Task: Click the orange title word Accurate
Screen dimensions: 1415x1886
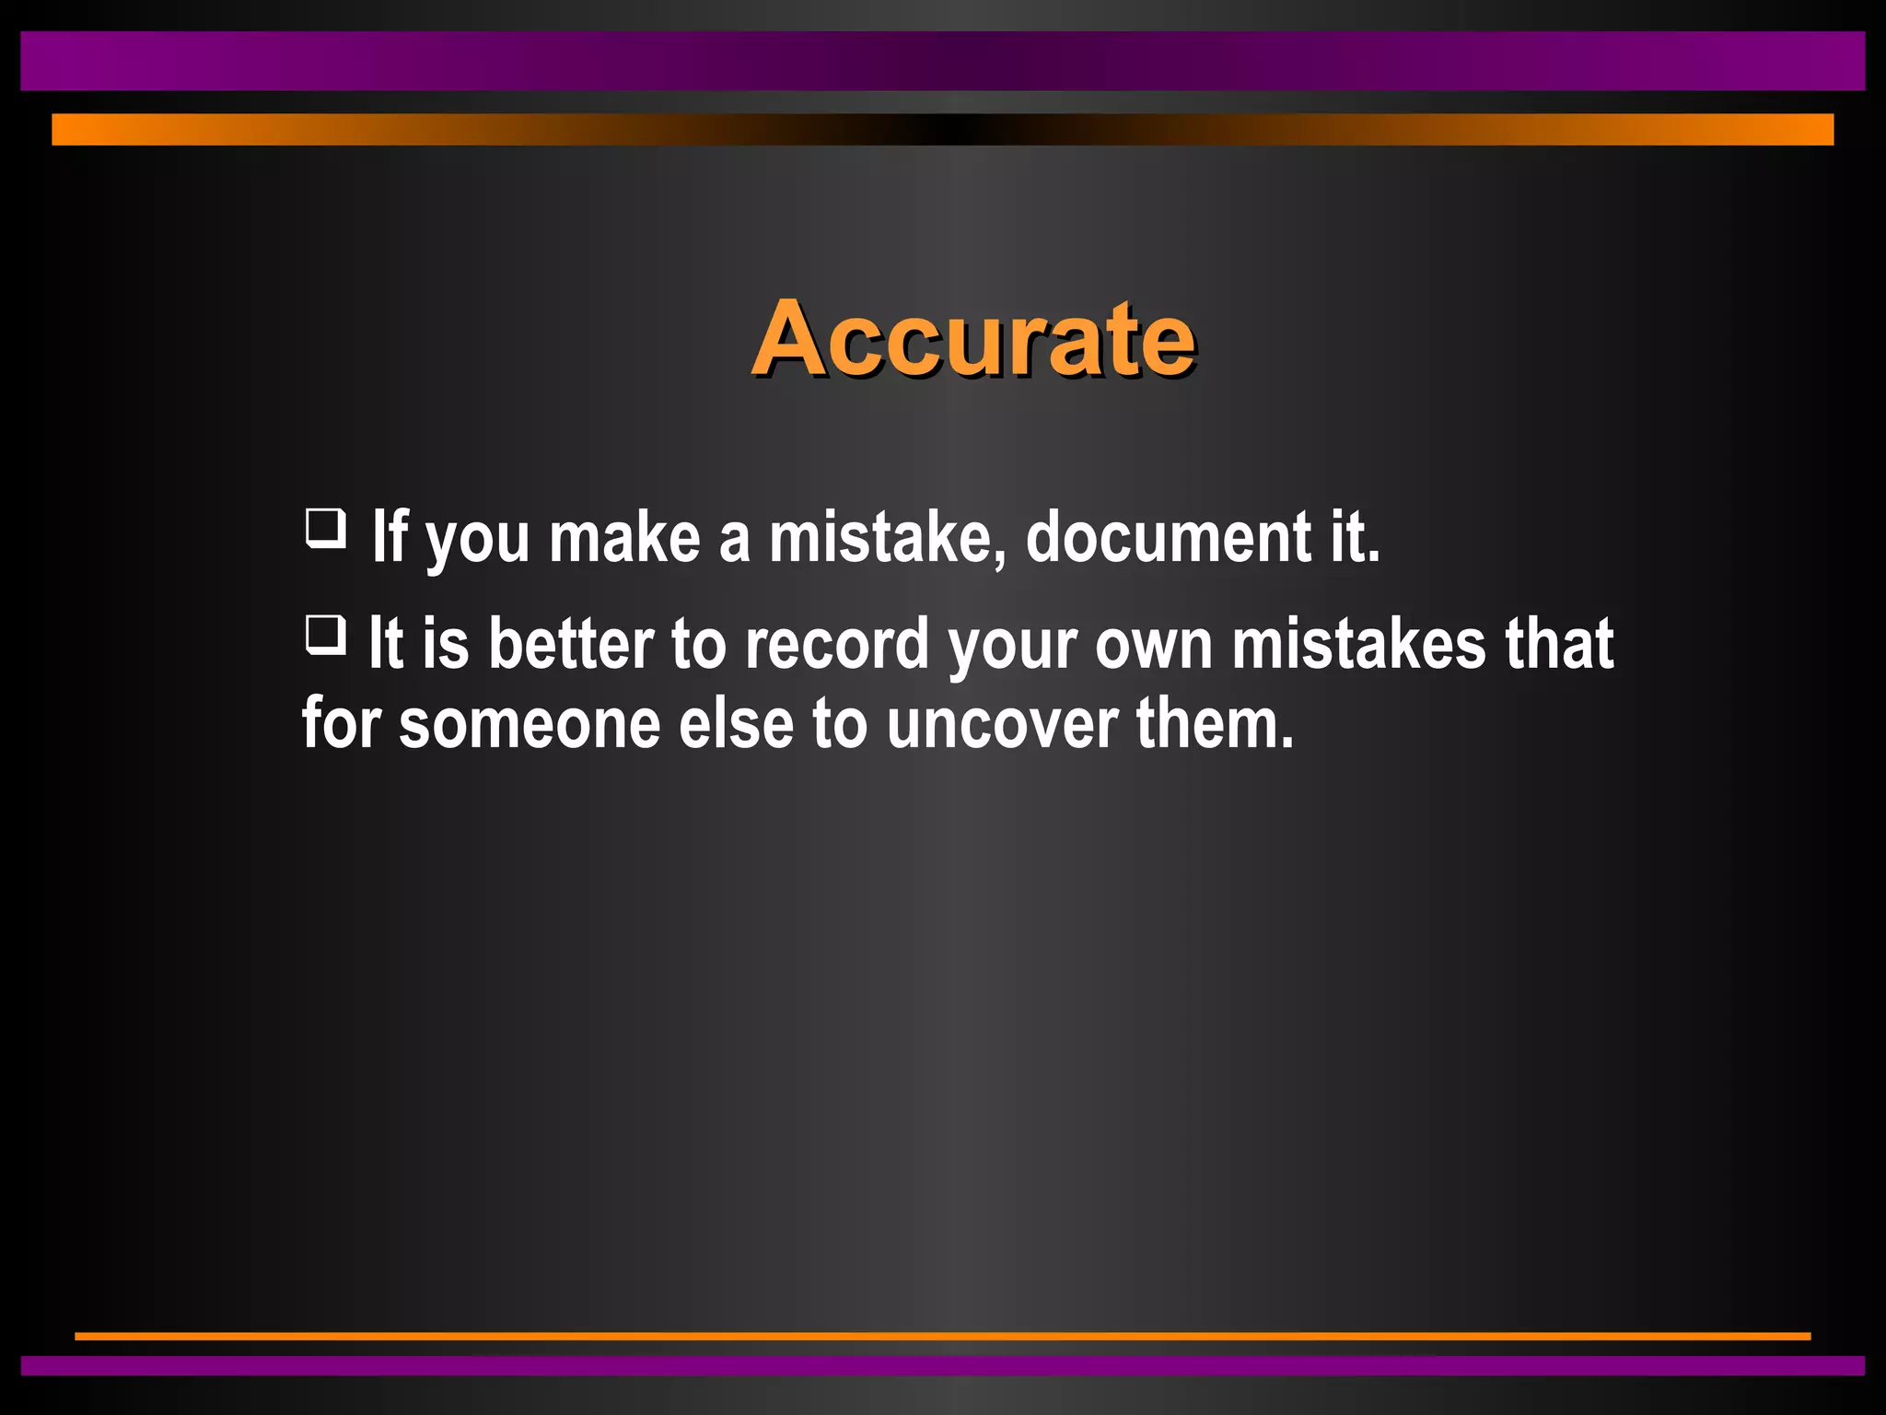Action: (973, 338)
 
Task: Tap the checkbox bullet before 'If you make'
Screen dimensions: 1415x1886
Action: (326, 529)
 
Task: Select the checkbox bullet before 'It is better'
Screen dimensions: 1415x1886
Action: (326, 635)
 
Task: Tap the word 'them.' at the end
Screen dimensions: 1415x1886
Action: (1215, 724)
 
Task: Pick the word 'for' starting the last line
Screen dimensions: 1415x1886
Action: (342, 724)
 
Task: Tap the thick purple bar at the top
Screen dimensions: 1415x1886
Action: (943, 61)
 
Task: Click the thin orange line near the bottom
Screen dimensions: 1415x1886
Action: (943, 1336)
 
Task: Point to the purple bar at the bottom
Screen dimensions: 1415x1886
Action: (943, 1365)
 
